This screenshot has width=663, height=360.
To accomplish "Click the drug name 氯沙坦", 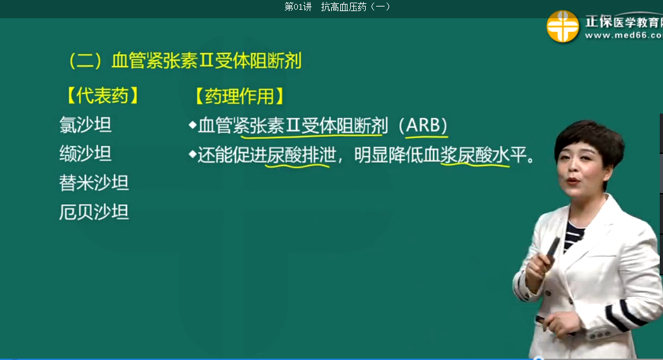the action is [x=85, y=125].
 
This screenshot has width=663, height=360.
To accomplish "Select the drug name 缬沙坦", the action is [x=85, y=153].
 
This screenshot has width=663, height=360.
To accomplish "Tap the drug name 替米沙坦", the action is [x=94, y=183].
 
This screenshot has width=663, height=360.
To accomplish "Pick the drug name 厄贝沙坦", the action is [x=94, y=212].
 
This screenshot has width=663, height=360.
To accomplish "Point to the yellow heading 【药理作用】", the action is [x=239, y=96].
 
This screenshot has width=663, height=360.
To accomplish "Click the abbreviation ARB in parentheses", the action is [x=426, y=125].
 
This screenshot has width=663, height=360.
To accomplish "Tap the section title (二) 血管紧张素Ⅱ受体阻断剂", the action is [x=185, y=61].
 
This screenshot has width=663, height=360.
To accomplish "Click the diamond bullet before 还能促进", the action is [x=193, y=155].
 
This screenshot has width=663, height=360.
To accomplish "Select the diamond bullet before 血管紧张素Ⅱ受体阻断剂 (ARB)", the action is [x=193, y=125].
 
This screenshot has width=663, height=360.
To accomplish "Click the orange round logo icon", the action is [x=563, y=26].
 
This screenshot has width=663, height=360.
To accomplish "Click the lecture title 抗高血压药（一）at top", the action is [x=355, y=7].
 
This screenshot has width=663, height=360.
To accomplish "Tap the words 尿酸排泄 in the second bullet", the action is [x=301, y=155].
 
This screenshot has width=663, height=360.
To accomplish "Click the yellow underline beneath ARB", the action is [x=426, y=137].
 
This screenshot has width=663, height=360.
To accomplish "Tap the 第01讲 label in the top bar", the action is [x=298, y=7].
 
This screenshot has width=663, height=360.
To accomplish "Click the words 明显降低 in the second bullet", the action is [x=389, y=155].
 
